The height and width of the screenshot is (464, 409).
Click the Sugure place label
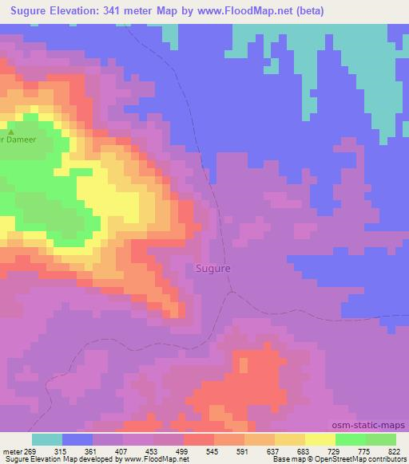pyautogui.click(x=213, y=269)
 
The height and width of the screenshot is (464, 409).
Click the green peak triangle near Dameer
pyautogui.click(x=10, y=131)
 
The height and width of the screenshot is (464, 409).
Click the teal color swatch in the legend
pyautogui.click(x=47, y=439)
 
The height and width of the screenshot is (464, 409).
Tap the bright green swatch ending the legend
pyautogui.click(x=381, y=439)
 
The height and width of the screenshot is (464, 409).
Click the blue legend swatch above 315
pyautogui.click(x=77, y=439)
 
